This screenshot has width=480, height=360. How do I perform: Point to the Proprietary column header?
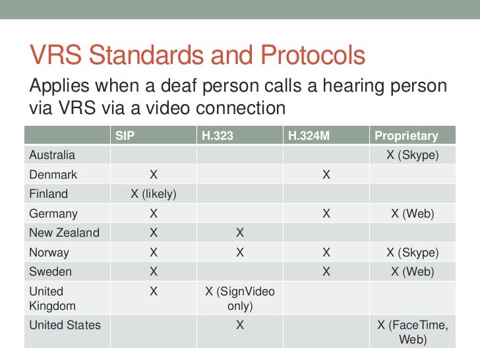click(406, 136)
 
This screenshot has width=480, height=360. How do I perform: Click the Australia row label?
click(52, 156)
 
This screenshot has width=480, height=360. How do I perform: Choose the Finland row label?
click(48, 194)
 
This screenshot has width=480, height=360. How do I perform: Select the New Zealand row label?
click(64, 233)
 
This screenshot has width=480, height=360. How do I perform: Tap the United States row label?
click(65, 325)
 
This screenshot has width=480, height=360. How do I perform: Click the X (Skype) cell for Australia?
click(412, 156)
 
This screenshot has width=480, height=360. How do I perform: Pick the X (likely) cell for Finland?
click(153, 194)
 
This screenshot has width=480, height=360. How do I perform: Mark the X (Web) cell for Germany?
click(412, 214)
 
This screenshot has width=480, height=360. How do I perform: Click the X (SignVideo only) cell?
click(240, 299)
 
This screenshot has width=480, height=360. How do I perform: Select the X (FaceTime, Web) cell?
click(412, 332)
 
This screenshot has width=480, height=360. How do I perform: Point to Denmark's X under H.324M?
click(326, 175)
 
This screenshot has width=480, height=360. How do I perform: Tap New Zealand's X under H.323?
click(240, 233)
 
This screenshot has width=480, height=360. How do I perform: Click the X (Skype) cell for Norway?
click(412, 253)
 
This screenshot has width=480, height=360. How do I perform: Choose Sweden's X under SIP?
click(153, 272)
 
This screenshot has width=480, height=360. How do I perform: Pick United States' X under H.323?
click(240, 325)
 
